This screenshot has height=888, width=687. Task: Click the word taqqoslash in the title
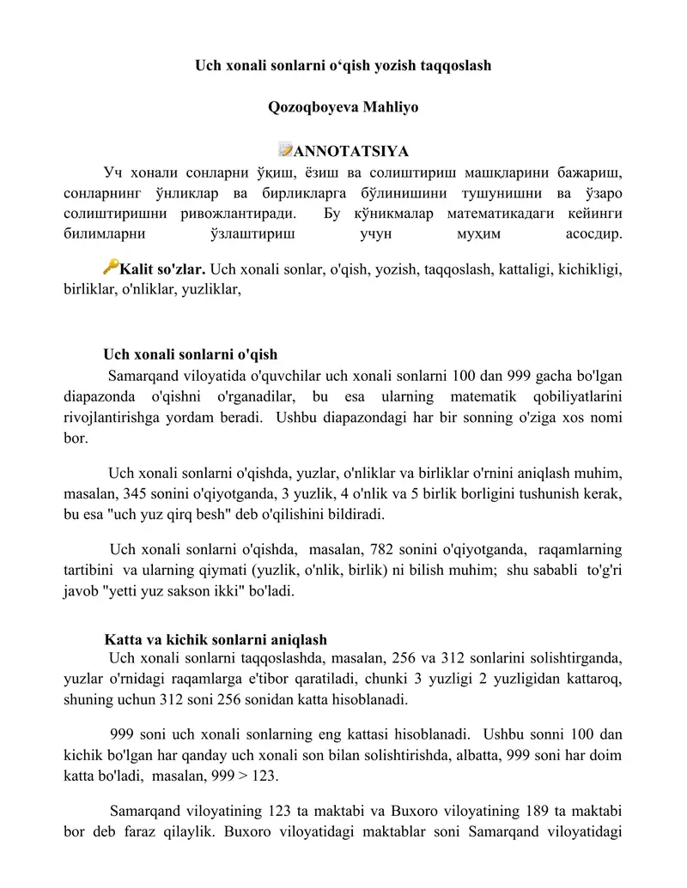pos(454,65)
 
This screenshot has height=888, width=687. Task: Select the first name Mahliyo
pos(391,108)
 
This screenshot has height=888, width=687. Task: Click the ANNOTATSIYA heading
pos(351,153)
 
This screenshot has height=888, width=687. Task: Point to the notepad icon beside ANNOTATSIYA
pos(286,151)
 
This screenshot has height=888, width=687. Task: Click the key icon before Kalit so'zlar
pos(110,267)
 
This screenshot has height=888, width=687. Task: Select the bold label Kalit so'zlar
pos(163,269)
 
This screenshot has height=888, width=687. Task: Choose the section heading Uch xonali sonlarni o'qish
pos(190,354)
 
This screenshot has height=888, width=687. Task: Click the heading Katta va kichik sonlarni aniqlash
pos(215,640)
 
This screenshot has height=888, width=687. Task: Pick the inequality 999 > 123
pos(240,776)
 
